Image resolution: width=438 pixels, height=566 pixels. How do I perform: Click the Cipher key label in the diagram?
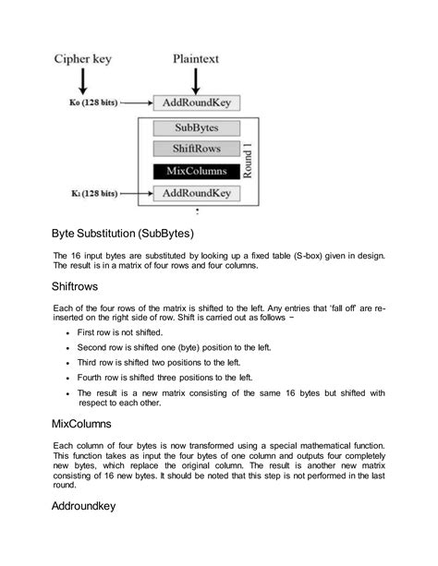(82, 59)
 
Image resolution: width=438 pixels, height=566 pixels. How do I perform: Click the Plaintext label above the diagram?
(195, 59)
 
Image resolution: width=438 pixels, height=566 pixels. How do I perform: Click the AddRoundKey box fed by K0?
(195, 102)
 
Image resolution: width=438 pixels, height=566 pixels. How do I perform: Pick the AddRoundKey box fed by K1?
(195, 194)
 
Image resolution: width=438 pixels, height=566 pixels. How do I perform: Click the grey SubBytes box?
(195, 128)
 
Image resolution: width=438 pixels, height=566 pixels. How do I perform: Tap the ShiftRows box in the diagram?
(195, 149)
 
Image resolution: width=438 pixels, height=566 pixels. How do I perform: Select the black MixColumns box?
(195, 172)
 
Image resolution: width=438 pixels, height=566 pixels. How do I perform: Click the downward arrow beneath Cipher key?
(84, 81)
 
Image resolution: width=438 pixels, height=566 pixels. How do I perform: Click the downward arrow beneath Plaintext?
(195, 81)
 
